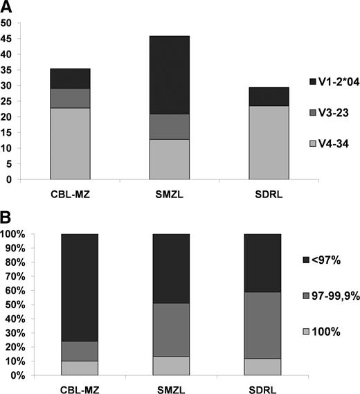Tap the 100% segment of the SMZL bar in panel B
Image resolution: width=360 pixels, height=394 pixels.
coord(169,366)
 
